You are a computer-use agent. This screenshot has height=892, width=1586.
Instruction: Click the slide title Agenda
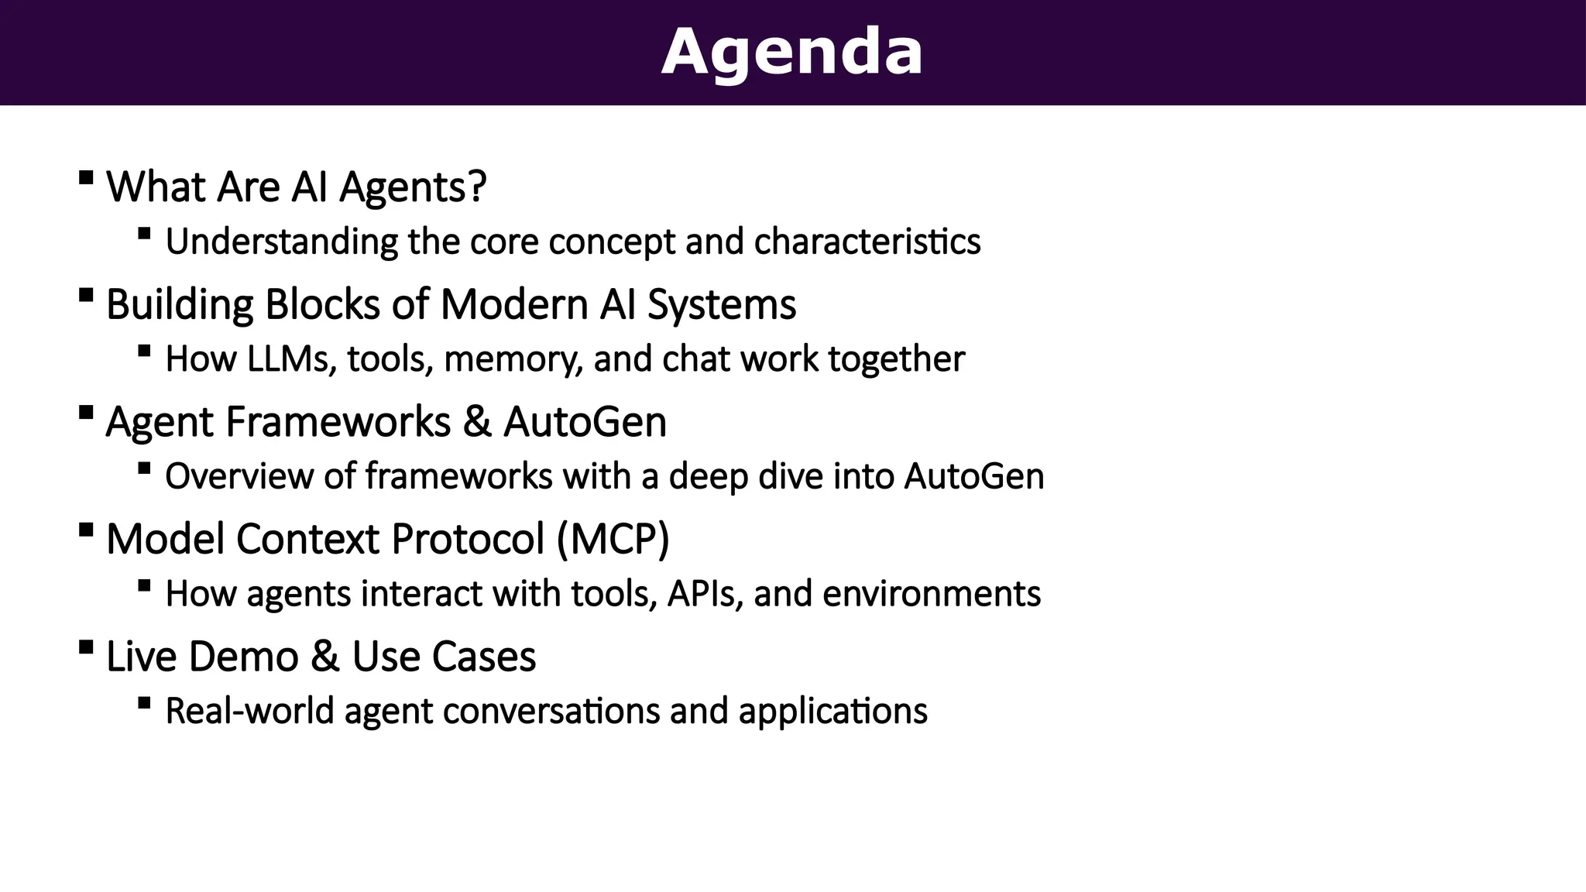coord(791,53)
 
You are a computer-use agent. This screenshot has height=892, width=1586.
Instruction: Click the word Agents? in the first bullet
coord(413,187)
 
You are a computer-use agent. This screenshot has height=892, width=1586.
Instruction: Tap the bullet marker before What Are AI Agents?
coord(86,177)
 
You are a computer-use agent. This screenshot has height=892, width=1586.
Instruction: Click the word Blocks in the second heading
coord(322,304)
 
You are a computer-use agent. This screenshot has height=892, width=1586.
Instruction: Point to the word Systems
coord(721,304)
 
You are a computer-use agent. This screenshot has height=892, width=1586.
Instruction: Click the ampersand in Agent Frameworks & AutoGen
coord(477,423)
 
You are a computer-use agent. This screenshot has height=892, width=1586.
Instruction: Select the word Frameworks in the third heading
coord(338,423)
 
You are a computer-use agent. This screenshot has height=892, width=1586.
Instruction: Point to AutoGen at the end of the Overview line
coord(973,476)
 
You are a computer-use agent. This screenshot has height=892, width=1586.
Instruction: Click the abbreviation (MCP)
coord(613,539)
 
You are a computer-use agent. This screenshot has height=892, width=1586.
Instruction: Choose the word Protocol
coord(468,539)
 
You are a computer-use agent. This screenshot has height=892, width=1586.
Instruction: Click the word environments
coord(931,594)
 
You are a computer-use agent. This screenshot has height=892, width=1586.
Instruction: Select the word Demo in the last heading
coord(243,657)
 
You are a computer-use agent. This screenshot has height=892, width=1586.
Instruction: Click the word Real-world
coord(249,711)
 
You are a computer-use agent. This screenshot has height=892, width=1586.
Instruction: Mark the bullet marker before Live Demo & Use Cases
coord(86,647)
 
